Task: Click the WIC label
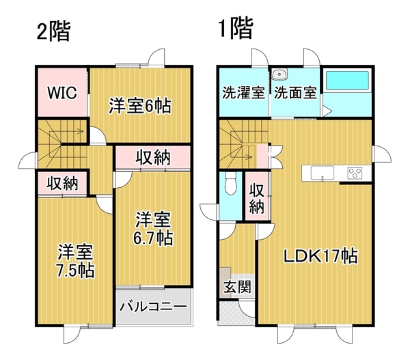coord(62,92)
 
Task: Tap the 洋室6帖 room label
coord(140,106)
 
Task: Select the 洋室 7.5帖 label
coord(76,261)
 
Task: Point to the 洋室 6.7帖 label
coord(153,229)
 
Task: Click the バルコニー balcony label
coord(154,306)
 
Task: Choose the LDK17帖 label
coord(320,256)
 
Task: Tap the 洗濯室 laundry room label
coord(243,92)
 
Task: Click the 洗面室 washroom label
coord(295,92)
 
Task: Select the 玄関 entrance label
coord(237,287)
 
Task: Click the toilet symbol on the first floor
coord(230,183)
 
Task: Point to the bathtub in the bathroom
coord(346,81)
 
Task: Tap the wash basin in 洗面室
coord(279,74)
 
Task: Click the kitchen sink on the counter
coord(322,173)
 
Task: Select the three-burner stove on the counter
coord(355,174)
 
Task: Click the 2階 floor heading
coord(53,31)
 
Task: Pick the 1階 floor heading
coord(236,29)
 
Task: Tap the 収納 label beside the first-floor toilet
coord(257,198)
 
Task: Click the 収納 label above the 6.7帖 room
coord(153,158)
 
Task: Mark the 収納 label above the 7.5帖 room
coord(62,183)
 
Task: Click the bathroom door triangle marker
coord(327,111)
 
